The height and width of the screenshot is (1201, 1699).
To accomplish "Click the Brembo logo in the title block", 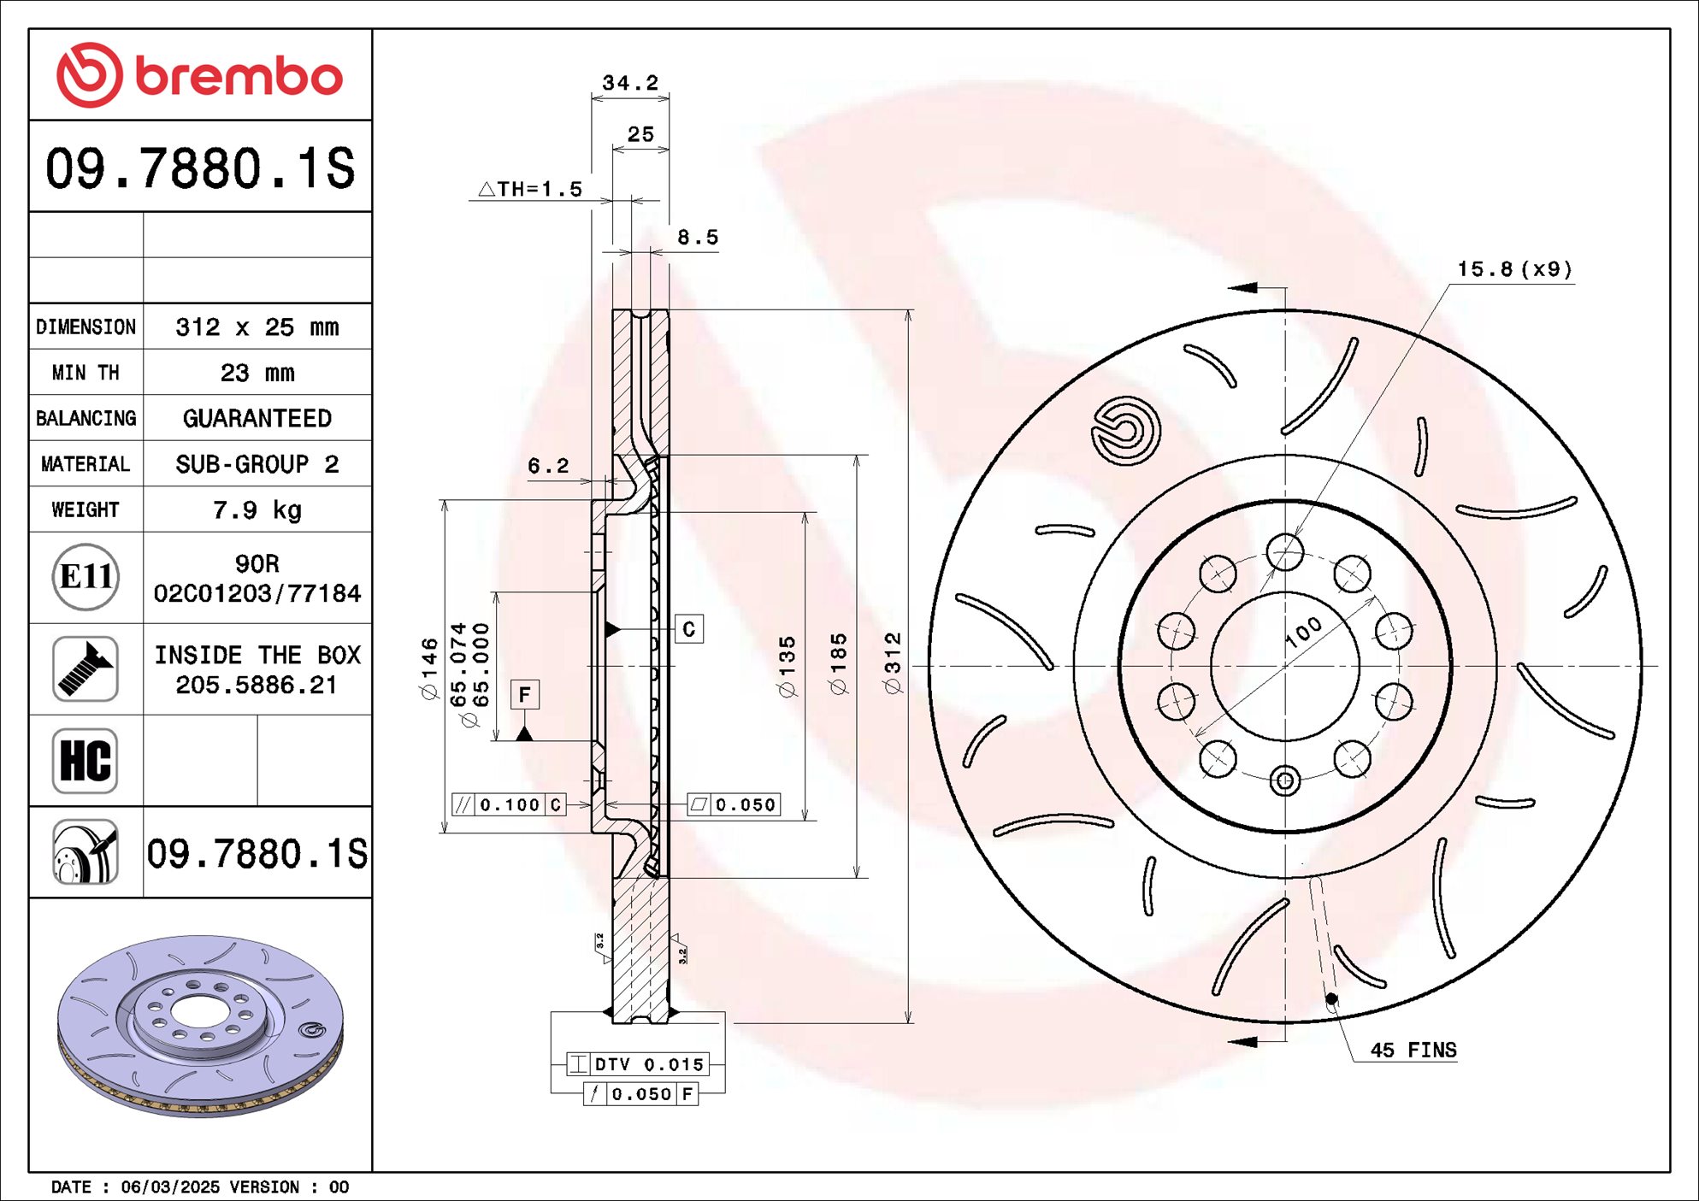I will coord(199,75).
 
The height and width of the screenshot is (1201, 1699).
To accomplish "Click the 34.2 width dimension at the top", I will coord(630,83).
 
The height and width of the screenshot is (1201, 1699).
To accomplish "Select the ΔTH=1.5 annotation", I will coord(530,189).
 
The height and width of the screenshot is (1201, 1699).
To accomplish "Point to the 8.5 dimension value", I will coord(698,238).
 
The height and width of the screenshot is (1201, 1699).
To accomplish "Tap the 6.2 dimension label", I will coord(548,466).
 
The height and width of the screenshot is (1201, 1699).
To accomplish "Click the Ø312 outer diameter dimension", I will coord(893,663).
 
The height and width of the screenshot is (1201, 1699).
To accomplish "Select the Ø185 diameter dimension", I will coord(839,663).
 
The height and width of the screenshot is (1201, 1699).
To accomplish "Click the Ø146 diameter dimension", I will coord(429,668).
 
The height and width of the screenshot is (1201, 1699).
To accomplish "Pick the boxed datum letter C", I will coord(689,629).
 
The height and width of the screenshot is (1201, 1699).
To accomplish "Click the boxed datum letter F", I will coord(525,694).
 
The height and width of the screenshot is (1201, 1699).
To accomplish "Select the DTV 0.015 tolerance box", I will coord(638,1064).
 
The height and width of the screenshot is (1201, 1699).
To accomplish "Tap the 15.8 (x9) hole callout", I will coord(1514,269).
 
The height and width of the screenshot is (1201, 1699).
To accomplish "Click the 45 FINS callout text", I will coord(1413,1050).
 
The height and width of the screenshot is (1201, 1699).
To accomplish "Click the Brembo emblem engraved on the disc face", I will coord(1125,431).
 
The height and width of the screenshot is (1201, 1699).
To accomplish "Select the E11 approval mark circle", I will coord(86,577).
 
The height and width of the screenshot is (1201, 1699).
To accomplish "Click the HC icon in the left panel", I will coord(86,760).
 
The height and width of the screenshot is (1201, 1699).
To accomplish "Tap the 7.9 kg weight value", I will coord(257,509).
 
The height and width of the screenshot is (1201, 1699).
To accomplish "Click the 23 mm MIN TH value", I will coord(257,373).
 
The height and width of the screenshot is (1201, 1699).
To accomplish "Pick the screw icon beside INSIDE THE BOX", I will coord(86,668).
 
